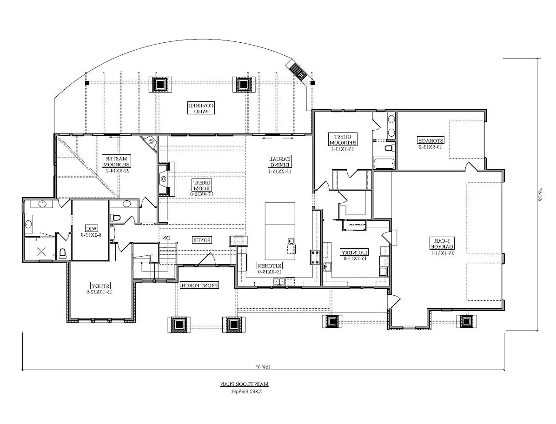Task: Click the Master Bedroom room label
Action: [117, 164]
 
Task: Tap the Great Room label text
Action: [202, 188]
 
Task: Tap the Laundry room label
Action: [355, 255]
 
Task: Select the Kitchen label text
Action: [270, 268]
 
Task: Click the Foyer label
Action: [202, 240]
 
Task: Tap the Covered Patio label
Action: [201, 108]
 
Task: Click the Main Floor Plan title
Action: [245, 384]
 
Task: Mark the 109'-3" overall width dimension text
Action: [264, 367]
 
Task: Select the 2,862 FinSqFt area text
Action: [245, 391]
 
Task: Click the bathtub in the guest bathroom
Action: [384, 164]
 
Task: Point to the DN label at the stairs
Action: [165, 238]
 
